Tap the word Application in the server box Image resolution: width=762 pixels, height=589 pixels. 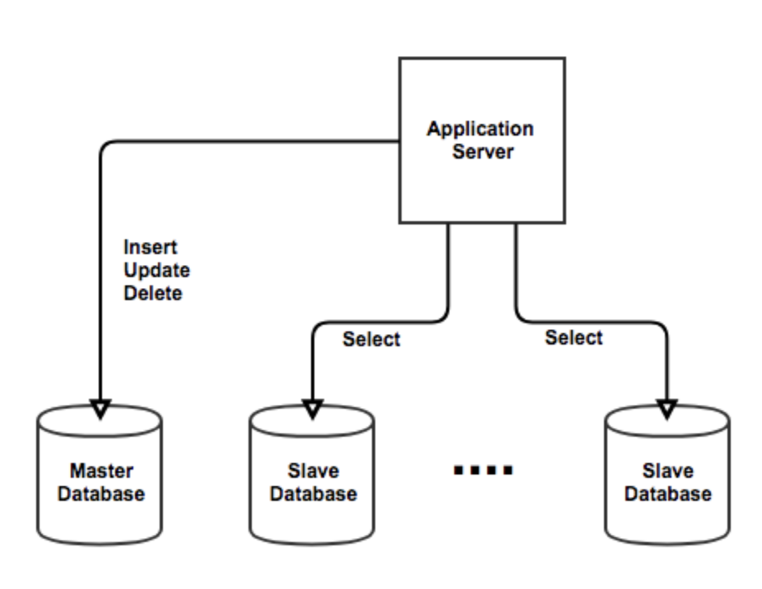click(481, 129)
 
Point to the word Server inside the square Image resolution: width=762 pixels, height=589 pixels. click(482, 151)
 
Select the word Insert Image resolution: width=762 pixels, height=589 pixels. click(151, 247)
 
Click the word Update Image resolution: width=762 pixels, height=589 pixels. click(156, 270)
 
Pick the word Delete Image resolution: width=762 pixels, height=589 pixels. click(153, 293)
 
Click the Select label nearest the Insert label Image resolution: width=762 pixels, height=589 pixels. click(371, 339)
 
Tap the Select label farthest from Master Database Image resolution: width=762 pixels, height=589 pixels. click(574, 337)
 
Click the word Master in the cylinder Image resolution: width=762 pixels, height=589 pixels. click(101, 471)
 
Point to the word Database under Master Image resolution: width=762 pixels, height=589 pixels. click(101, 494)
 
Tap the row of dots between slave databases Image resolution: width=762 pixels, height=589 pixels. click(484, 471)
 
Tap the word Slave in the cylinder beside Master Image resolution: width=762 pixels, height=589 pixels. click(313, 471)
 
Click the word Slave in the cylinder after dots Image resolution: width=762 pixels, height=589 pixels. click(668, 471)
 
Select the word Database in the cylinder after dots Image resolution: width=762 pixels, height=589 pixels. click(668, 494)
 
